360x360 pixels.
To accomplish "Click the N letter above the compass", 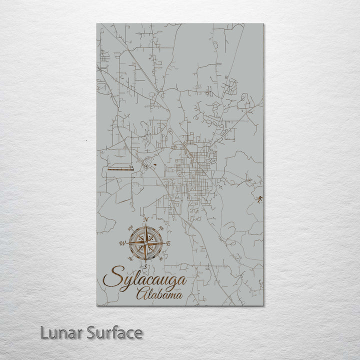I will point(145,220).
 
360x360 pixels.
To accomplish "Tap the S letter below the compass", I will point(145,266).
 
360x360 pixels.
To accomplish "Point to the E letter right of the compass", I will point(168,243).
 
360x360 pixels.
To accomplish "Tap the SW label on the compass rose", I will point(129,259).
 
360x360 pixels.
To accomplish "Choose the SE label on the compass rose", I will point(161,259).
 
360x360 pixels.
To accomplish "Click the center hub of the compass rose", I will point(145,243).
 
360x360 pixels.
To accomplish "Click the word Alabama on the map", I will point(158,295).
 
